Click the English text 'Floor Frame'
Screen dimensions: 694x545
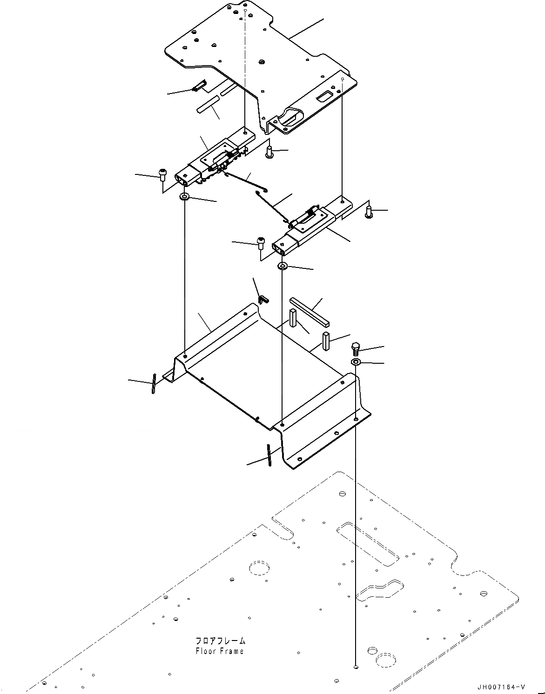click(x=220, y=651)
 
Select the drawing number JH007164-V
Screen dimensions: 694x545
click(x=501, y=686)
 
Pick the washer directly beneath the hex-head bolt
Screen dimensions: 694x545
click(x=356, y=362)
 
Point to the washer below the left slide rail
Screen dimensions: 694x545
click(x=185, y=197)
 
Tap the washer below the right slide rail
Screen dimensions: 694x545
click(x=283, y=266)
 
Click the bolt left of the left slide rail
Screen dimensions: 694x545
click(x=162, y=173)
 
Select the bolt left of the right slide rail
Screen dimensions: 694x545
click(x=261, y=243)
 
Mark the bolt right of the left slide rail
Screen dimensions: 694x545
click(x=269, y=151)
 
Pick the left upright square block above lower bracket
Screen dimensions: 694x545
click(x=292, y=318)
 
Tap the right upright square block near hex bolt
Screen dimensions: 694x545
click(x=326, y=342)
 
